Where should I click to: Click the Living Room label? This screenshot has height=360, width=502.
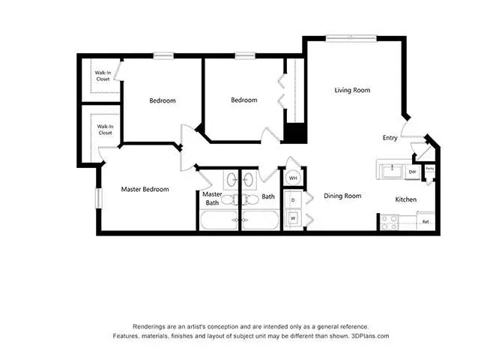click(352, 91)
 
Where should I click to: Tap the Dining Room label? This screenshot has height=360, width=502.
click(342, 196)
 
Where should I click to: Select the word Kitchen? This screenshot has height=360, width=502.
click(406, 199)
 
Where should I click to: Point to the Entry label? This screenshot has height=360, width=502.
click(390, 138)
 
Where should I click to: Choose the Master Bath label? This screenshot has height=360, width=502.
click(211, 198)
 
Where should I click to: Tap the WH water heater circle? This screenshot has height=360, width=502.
click(293, 178)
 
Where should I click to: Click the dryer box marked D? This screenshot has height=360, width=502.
click(293, 200)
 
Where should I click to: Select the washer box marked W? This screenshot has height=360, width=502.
click(293, 219)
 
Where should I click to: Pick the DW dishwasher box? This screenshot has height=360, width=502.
click(412, 172)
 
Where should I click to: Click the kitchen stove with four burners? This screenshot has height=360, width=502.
click(388, 222)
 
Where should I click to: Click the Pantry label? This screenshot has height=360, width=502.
click(429, 169)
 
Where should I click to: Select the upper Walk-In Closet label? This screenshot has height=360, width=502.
click(102, 76)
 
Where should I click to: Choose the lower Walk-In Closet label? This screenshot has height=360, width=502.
click(105, 130)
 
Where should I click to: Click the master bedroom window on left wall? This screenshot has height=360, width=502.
click(97, 199)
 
